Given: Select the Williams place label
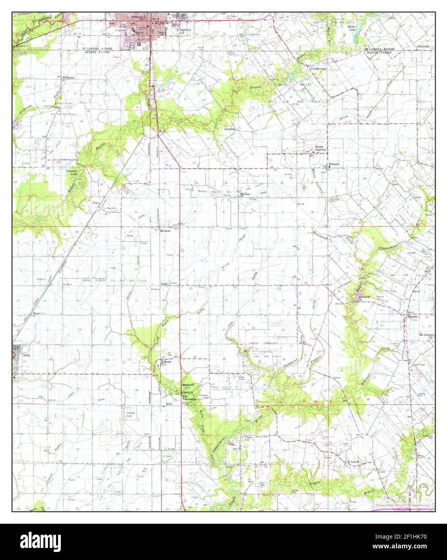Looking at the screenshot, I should coord(68,77).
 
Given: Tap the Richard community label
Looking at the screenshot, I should coord(334,164).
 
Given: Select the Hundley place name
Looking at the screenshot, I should coord(230,129).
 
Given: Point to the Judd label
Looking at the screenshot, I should coord(164,284).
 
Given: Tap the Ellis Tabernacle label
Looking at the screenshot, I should coord(189,397).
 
